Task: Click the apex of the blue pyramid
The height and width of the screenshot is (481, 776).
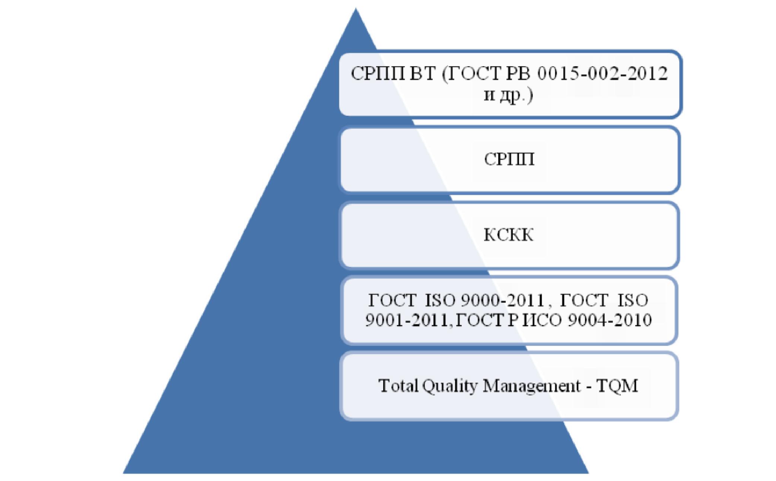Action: tap(356, 8)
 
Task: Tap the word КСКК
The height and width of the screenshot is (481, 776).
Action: tap(509, 235)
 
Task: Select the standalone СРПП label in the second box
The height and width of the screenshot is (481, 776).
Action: tap(509, 159)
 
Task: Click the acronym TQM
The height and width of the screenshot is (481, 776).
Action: tap(617, 386)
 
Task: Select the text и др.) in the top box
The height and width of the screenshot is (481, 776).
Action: tap(509, 96)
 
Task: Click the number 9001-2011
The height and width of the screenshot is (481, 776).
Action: tap(407, 320)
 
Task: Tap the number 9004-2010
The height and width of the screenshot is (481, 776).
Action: tap(610, 320)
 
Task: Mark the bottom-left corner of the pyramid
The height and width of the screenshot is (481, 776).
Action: tap(123, 473)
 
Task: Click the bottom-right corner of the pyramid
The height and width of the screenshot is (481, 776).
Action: tap(589, 473)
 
